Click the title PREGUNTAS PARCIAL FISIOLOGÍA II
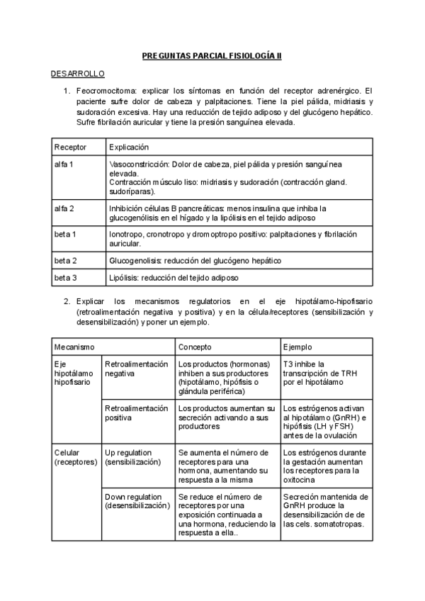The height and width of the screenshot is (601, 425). (212, 55)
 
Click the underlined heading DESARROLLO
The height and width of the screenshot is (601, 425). (78, 74)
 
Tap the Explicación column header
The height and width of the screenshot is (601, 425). (129, 147)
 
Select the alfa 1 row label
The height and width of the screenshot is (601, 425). (64, 164)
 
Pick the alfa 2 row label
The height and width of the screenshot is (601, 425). (64, 208)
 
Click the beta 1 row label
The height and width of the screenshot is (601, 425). (65, 233)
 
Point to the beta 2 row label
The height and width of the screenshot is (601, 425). (65, 260)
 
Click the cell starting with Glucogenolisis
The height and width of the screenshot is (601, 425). (195, 260)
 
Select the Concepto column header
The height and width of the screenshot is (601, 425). (195, 347)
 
